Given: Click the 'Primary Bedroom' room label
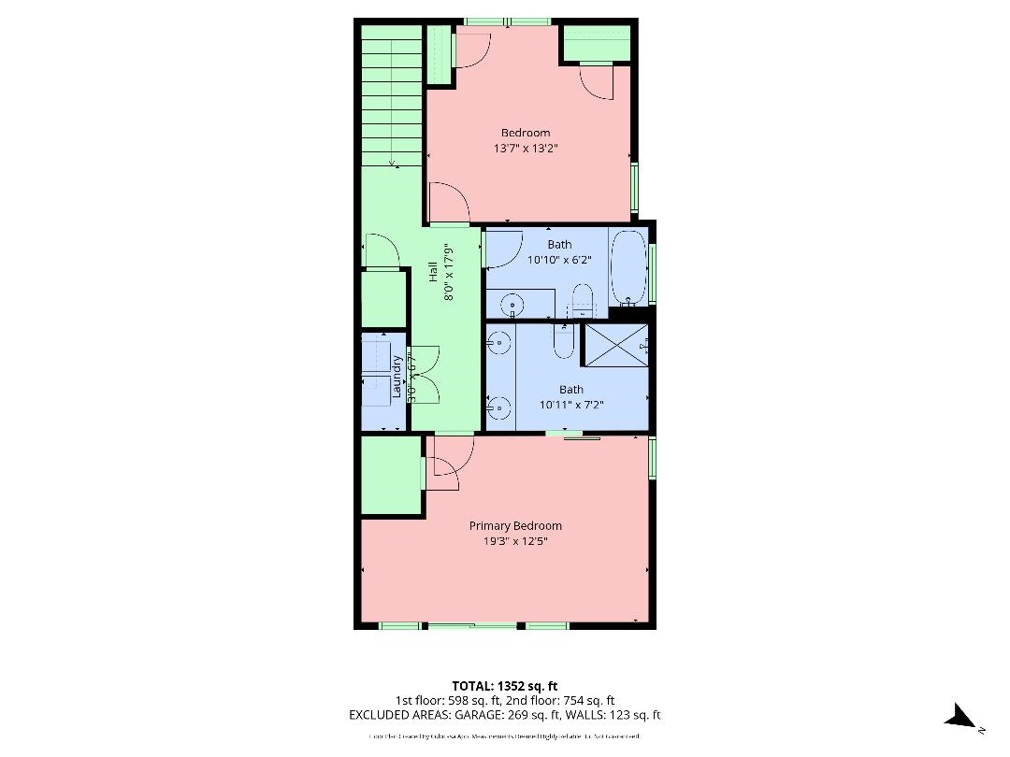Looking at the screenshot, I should (515, 526).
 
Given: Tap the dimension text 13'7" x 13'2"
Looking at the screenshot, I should (527, 148).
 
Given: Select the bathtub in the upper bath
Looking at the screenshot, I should (628, 267).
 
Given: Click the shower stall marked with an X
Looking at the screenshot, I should (615, 345).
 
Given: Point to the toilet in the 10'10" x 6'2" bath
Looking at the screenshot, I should (583, 301).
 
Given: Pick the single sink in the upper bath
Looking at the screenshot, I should (512, 305).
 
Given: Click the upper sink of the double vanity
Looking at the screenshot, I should (498, 345).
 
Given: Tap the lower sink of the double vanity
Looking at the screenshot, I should (498, 406).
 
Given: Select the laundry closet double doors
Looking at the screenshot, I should (424, 375).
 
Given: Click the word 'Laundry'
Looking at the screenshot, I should (397, 376).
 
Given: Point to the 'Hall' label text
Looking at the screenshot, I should (433, 271).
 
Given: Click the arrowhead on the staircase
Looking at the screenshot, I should (392, 164).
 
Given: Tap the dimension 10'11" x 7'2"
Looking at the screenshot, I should (570, 405).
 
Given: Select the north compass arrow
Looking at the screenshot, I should (960, 718).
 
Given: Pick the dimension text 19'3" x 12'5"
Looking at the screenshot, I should (515, 540).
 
